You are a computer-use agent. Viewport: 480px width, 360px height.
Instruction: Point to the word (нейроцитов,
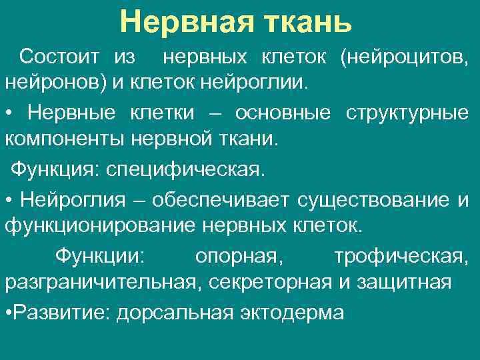coord(404,57)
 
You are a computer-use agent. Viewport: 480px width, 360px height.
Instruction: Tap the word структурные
coord(407,113)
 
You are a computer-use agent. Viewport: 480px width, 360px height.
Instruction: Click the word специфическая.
coord(182,169)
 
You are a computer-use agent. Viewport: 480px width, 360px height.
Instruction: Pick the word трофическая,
coord(401,255)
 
